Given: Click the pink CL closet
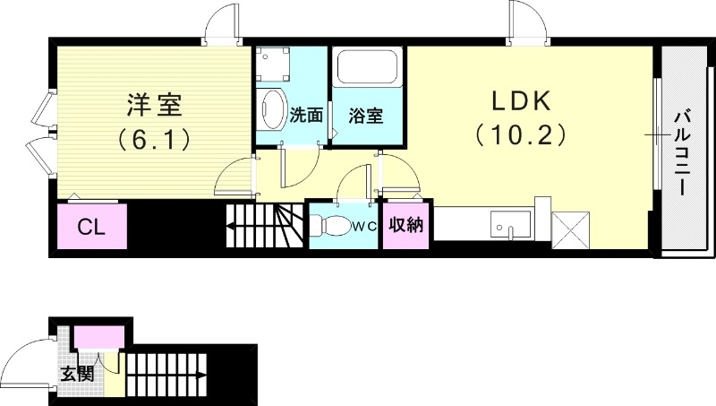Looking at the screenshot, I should pos(91,227).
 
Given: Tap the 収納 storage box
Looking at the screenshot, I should pos(405,225).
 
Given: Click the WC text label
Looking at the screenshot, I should pos(363,227).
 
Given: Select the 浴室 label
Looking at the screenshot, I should pos(367,116).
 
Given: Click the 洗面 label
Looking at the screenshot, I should pos(306,116).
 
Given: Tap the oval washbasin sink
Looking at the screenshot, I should pos(272,109).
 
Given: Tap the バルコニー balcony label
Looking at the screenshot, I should pos(680,152).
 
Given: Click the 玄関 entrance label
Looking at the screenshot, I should pos(78,372).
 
